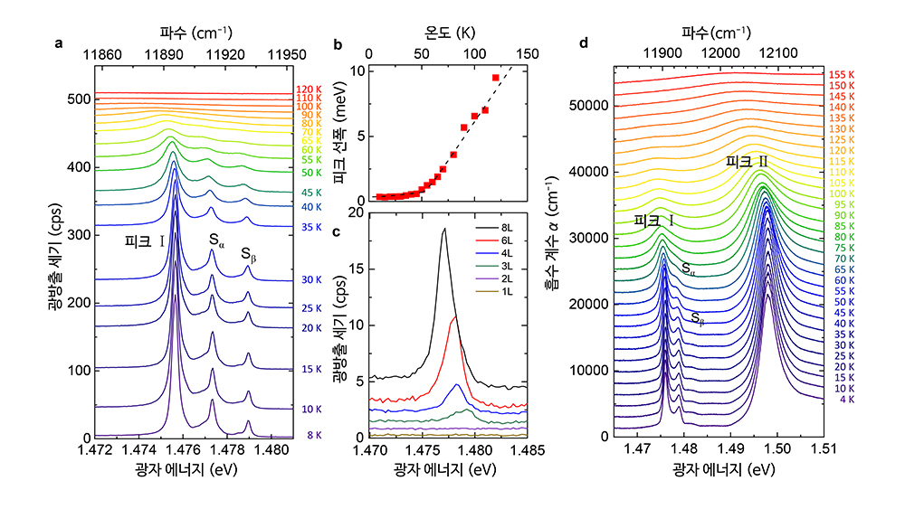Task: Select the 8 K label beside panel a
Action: click(x=313, y=435)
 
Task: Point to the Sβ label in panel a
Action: click(x=249, y=256)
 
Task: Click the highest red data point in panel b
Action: click(x=496, y=78)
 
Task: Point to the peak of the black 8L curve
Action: click(x=444, y=230)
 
